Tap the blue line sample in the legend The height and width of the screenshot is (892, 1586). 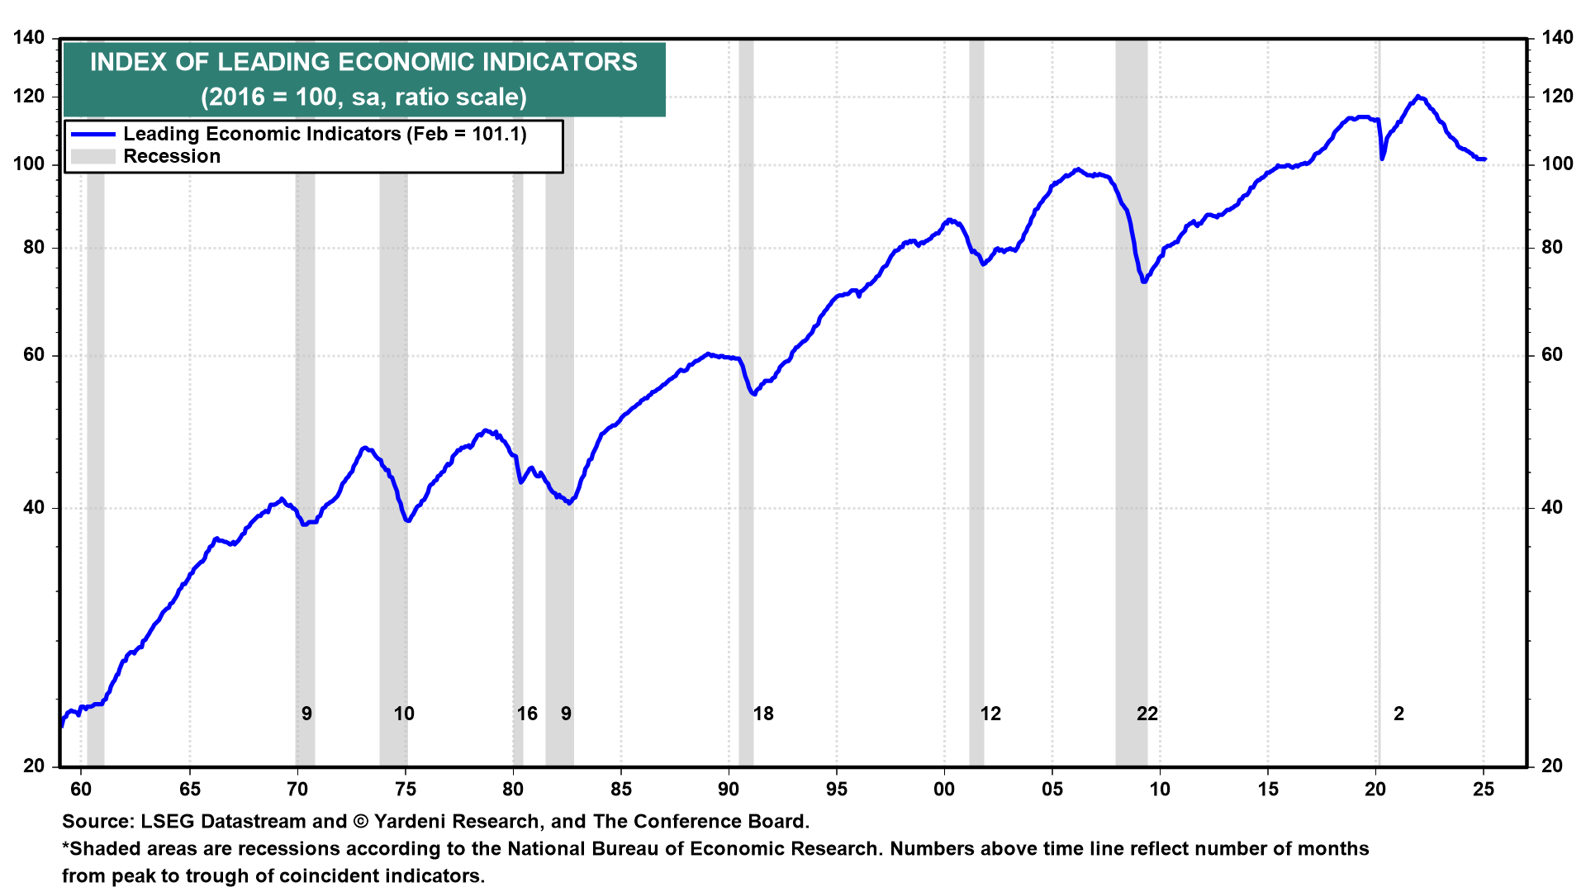93,134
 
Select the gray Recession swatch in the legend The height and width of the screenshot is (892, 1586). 93,156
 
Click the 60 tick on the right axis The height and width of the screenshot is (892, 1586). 1551,355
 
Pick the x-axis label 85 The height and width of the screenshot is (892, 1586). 620,789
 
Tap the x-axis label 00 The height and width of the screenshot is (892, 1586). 943,789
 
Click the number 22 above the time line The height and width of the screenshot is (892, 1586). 1147,714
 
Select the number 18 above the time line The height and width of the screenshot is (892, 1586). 763,714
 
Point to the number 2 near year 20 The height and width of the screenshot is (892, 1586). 1398,714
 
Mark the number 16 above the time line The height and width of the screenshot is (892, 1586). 527,714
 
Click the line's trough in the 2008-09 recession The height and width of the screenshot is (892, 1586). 1144,282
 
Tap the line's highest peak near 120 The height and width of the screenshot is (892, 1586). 1417,97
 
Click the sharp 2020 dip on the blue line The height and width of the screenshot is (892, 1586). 1382,158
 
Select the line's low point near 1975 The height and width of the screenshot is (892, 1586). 408,520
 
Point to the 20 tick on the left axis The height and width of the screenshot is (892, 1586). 34,766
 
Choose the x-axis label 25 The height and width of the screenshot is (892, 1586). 1483,789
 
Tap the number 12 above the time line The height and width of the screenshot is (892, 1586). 990,714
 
